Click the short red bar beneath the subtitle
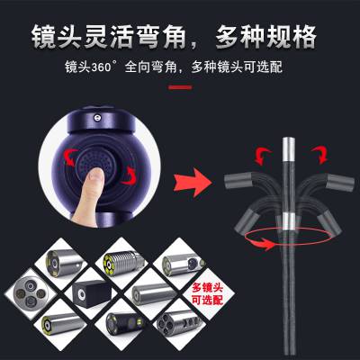coord(180,87)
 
